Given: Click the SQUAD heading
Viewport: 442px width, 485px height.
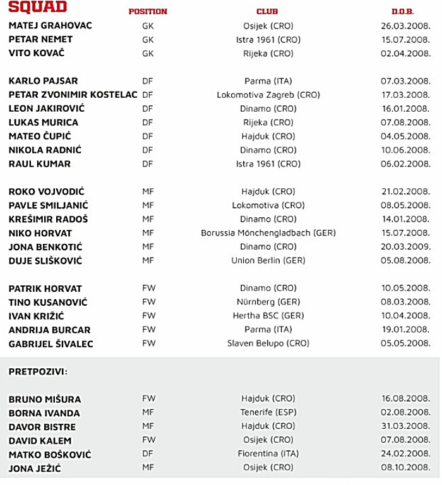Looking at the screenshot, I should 37,8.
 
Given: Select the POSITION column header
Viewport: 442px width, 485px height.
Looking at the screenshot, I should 148,12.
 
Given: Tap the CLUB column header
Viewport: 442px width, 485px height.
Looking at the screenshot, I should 267,12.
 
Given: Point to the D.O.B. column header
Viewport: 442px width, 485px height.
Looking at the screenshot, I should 403,12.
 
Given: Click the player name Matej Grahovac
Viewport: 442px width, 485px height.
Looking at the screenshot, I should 51,26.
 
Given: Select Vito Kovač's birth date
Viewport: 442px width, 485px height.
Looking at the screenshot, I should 405,54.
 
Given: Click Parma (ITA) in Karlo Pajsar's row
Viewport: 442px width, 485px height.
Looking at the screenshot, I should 268,81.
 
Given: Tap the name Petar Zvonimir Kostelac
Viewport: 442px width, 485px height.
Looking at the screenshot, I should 73,95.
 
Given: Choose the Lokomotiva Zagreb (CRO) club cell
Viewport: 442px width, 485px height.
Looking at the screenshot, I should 268,95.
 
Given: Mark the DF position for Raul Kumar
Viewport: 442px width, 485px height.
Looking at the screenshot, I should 148,164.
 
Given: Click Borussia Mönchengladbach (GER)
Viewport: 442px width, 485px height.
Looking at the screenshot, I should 268,233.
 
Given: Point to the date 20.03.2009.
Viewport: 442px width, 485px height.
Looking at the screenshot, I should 405,247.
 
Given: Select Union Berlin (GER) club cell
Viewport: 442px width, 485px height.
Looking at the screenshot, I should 268,261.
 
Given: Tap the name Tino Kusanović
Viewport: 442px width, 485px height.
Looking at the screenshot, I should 48,302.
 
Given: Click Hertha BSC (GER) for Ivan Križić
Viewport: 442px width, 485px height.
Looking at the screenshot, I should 268,316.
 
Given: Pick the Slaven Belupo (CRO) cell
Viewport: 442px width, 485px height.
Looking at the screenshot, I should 268,344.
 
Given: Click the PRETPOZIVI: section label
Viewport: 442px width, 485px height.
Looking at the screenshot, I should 38,371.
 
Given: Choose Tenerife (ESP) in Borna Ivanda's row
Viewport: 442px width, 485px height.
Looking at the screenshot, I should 268,413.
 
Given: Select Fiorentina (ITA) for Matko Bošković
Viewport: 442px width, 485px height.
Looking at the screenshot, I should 268,454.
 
